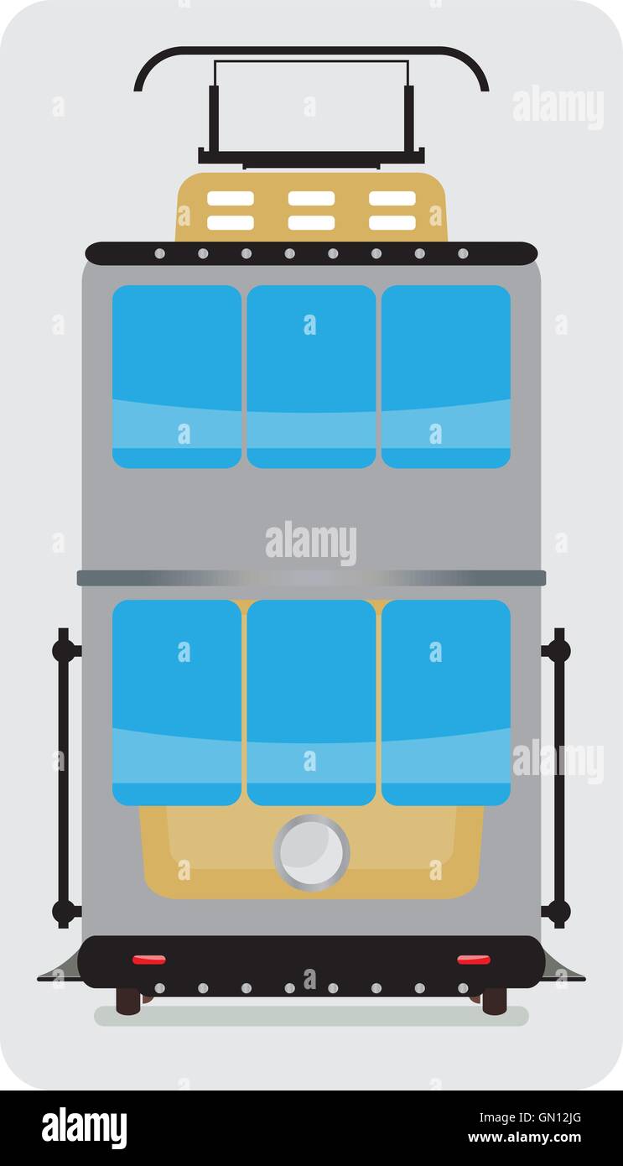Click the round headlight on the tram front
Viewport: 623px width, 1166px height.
pos(311,851)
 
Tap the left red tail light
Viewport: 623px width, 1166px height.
pos(148,959)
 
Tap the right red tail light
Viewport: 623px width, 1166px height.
pos(474,959)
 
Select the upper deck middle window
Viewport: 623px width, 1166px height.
pos(311,376)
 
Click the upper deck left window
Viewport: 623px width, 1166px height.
pos(177,376)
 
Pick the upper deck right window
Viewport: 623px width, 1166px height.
pos(446,376)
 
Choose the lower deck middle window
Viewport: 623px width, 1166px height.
pos(311,702)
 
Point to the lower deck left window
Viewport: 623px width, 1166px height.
pos(177,702)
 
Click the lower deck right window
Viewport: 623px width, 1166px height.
pos(446,702)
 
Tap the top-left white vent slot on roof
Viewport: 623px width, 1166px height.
pos(231,199)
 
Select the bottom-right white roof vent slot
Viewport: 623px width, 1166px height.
pos(392,222)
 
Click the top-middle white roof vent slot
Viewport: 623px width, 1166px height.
pos(311,199)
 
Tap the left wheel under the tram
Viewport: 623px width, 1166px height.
pos(128,1000)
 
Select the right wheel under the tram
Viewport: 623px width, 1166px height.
pos(494,1000)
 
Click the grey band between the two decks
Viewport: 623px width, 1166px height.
pos(311,578)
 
